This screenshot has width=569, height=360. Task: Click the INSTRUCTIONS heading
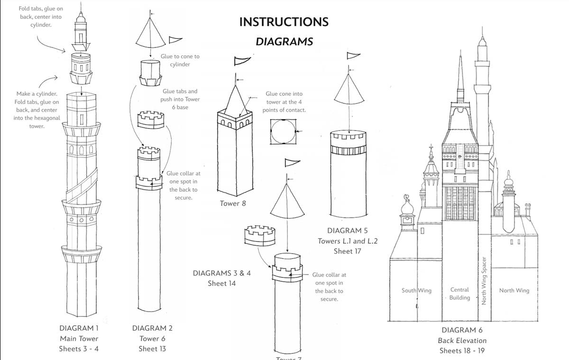(x=284, y=22)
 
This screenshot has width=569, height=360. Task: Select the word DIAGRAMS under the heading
(x=284, y=42)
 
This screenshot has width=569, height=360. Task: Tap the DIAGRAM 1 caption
(x=79, y=328)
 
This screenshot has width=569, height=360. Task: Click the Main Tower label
(x=79, y=339)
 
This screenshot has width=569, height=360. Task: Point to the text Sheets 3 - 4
(x=79, y=349)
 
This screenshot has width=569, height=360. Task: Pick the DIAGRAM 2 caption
(x=152, y=328)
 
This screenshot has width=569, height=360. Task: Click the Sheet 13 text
(x=152, y=349)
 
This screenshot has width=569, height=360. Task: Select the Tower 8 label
(x=232, y=203)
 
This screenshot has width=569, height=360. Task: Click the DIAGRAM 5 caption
(x=347, y=231)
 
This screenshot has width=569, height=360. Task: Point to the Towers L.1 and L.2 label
(x=347, y=241)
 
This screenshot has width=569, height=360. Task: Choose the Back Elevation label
(x=462, y=341)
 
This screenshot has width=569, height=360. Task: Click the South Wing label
(x=416, y=290)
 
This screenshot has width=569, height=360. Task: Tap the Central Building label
(x=459, y=294)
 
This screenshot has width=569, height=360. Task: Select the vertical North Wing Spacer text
(x=484, y=281)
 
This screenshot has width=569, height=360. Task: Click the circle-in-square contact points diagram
(x=283, y=131)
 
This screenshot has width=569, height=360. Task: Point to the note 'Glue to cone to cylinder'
(x=183, y=60)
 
